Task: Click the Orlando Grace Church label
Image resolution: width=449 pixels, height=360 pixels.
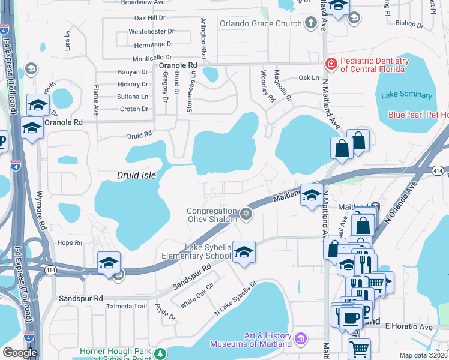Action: (x=259, y=23)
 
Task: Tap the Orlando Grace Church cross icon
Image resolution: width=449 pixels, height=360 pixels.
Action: (x=310, y=23)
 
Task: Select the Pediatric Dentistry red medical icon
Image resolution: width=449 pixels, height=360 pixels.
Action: (x=330, y=63)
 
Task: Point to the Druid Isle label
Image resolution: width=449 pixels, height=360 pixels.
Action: (x=136, y=175)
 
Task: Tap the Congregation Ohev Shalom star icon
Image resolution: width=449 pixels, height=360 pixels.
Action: (x=245, y=214)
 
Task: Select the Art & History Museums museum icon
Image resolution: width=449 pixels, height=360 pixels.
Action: (x=301, y=339)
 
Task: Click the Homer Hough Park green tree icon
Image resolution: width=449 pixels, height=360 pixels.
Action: (x=160, y=353)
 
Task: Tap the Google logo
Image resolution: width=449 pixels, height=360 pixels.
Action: (x=20, y=353)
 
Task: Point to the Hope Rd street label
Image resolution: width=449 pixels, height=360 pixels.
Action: (x=70, y=243)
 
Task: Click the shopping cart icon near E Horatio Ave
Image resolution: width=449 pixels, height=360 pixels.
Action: (x=359, y=348)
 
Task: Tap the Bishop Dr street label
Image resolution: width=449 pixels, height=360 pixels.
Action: (x=410, y=26)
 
